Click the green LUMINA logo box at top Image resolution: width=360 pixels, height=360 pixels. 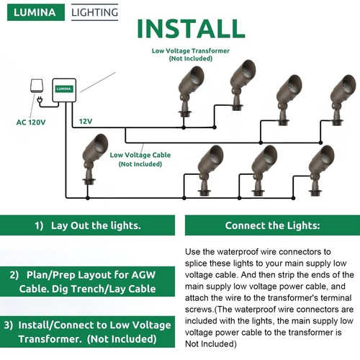36,12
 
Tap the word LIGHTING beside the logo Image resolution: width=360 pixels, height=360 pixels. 95,12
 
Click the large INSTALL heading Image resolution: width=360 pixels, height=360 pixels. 191,29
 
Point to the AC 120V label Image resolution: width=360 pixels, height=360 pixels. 31,122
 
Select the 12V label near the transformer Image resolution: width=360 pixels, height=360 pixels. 86,121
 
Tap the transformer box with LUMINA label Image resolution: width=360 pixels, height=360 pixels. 64,90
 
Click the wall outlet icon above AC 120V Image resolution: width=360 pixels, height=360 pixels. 37,86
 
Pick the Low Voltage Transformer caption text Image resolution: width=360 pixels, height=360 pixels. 191,55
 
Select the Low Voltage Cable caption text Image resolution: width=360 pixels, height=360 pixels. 140,159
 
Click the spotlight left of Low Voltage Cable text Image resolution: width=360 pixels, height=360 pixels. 94,159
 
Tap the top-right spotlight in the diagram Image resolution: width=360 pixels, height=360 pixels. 343,99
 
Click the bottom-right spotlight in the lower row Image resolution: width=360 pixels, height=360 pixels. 321,170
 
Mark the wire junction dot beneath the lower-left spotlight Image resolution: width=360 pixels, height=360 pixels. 88,198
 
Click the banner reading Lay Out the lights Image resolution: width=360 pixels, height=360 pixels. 87,225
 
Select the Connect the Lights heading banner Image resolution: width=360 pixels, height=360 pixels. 272,225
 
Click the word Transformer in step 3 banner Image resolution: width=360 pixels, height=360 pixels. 50,339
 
